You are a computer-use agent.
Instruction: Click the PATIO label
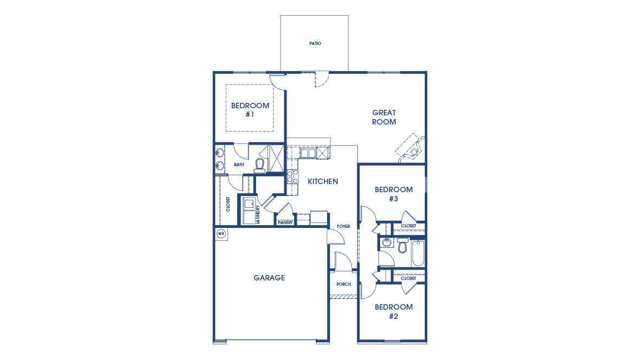click(x=315, y=43)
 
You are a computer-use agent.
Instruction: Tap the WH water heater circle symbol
click(x=221, y=234)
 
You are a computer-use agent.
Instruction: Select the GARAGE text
click(x=269, y=278)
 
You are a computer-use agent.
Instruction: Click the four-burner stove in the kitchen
click(x=292, y=176)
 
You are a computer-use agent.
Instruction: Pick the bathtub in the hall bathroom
click(x=417, y=253)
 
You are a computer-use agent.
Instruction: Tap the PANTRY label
click(x=285, y=222)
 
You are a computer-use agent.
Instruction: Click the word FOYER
click(x=343, y=226)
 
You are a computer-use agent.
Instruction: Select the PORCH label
click(x=343, y=284)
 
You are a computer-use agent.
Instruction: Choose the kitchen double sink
click(x=308, y=153)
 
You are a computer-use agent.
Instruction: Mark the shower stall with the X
click(x=276, y=159)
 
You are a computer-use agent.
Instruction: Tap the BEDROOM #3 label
click(x=394, y=194)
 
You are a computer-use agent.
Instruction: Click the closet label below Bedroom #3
click(x=409, y=226)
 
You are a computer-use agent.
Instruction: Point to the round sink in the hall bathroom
click(x=386, y=242)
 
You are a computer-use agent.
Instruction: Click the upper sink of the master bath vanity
click(x=220, y=153)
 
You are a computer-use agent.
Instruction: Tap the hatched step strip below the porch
click(x=343, y=297)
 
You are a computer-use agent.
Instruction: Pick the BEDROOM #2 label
click(x=394, y=311)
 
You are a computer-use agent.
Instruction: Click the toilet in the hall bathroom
click(x=402, y=246)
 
